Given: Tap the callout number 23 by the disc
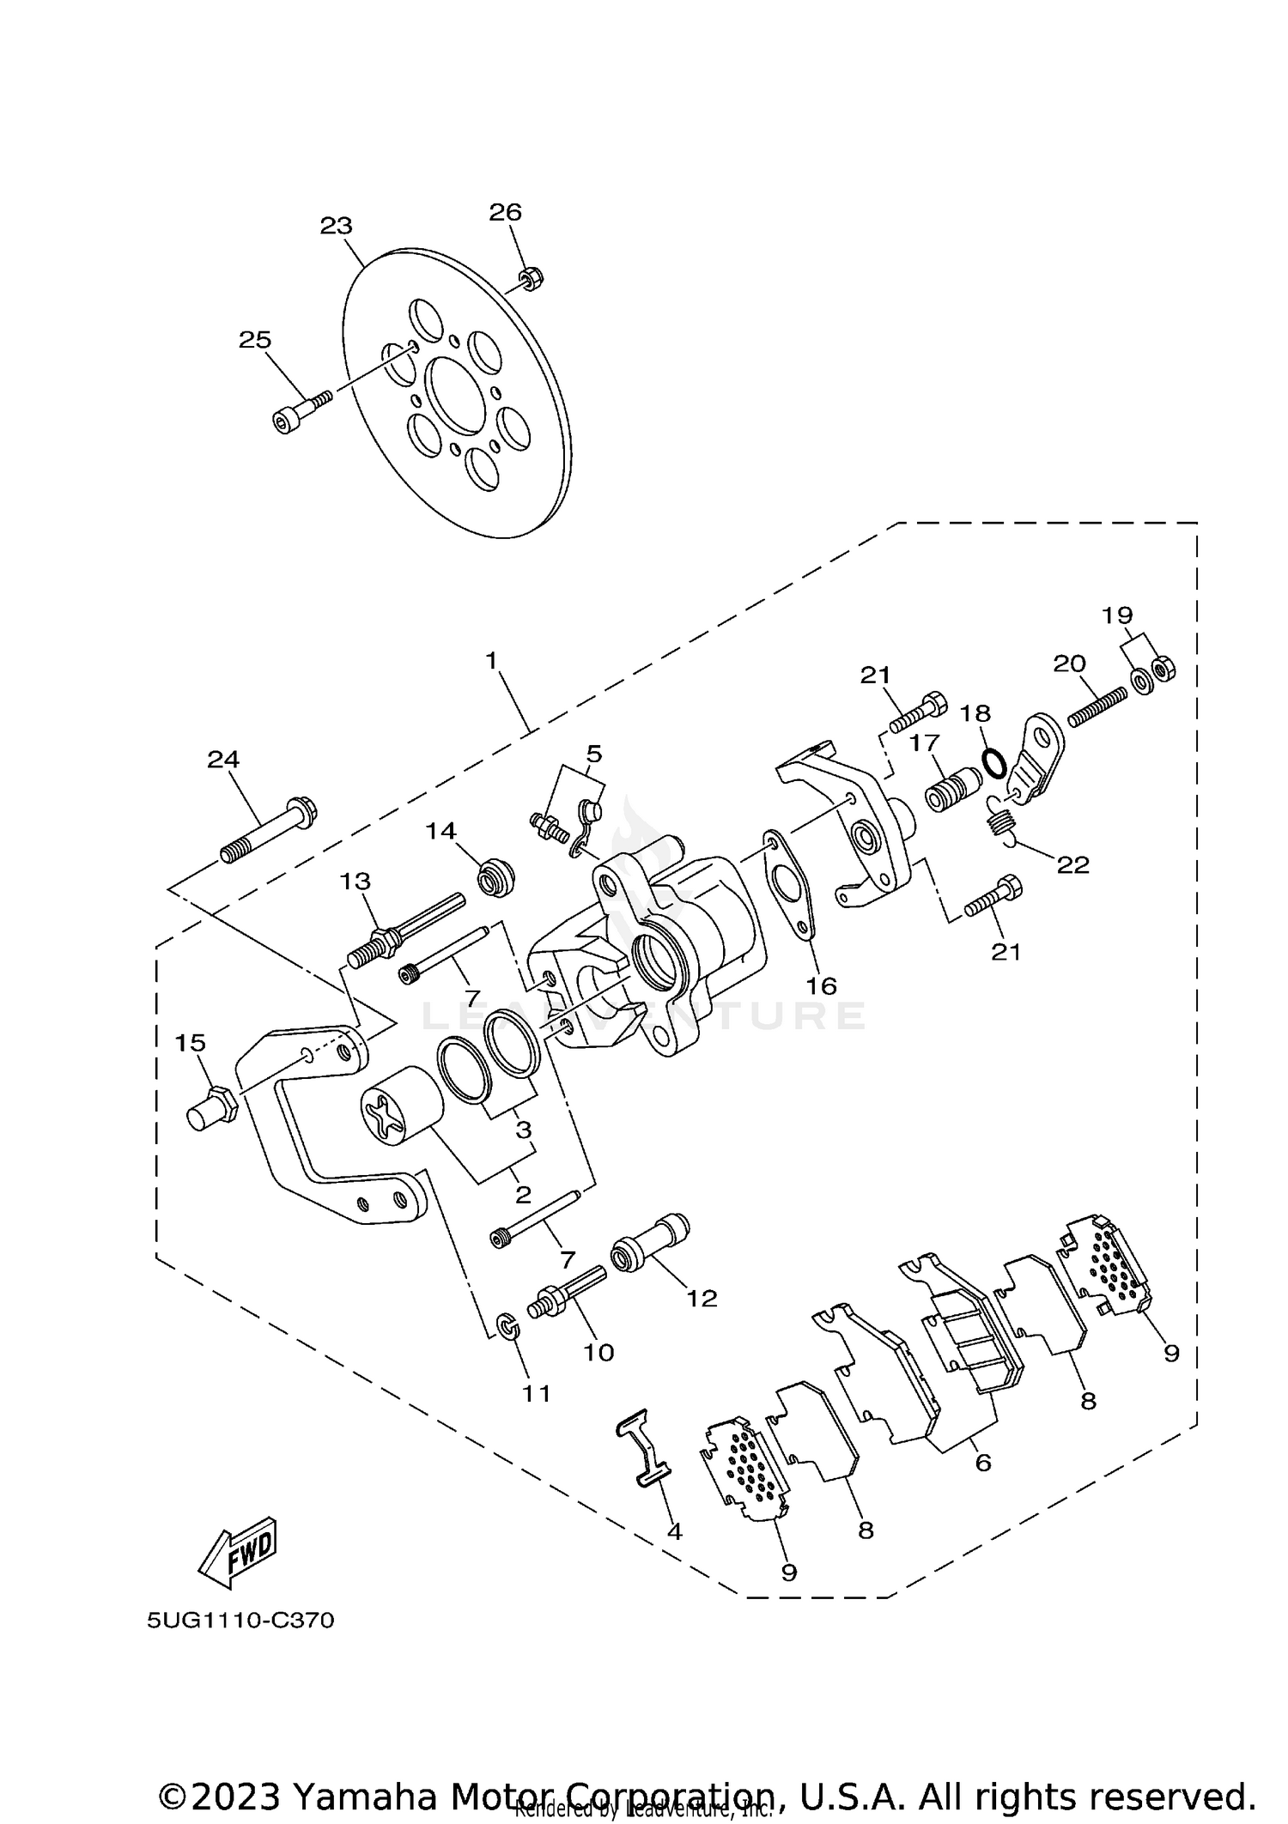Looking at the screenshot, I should [336, 226].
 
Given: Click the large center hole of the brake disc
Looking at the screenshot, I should [460, 397].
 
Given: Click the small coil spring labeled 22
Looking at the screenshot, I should [1000, 821].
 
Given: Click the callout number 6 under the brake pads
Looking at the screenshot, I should [983, 1463].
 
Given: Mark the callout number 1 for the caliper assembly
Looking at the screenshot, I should [491, 660].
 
